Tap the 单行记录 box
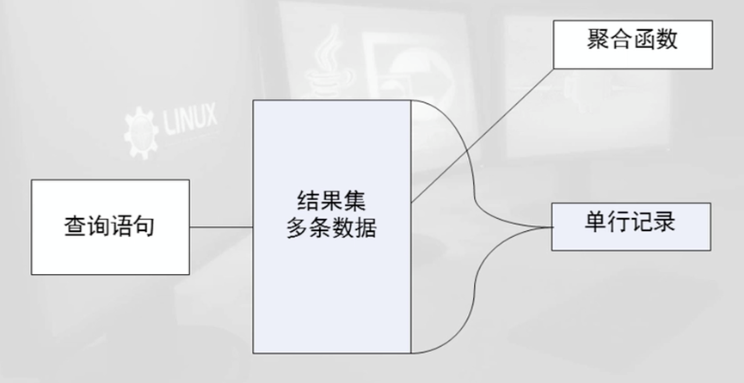tap(630, 226)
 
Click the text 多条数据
tap(331, 229)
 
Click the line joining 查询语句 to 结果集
tap(221, 227)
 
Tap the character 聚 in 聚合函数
tap(595, 40)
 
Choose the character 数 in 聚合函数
tap(667, 40)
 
